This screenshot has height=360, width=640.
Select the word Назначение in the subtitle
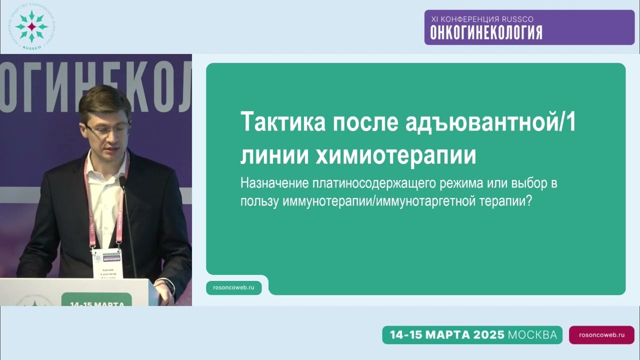(x=274, y=183)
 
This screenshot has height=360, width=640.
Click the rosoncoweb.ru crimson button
(x=601, y=335)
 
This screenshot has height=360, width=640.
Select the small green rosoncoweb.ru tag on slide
(x=234, y=287)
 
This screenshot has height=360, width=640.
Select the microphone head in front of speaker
(x=122, y=181)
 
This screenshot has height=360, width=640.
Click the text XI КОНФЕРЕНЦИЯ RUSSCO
(x=482, y=19)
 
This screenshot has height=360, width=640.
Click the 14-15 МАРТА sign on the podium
(x=97, y=302)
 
